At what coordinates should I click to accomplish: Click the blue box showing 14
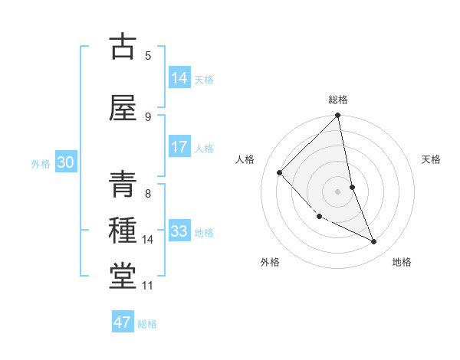[x=179, y=77]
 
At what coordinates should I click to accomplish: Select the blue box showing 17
[x=179, y=147]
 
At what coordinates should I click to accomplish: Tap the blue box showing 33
[x=179, y=231]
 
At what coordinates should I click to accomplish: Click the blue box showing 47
[x=122, y=322]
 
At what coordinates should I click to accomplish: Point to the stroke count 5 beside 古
[x=148, y=55]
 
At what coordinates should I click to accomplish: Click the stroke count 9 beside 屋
[x=148, y=116]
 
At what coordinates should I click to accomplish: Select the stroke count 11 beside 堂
[x=147, y=286]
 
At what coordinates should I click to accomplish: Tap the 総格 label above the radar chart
[x=338, y=100]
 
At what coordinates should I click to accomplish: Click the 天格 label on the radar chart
[x=432, y=159]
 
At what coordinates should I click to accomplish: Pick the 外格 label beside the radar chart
[x=270, y=262]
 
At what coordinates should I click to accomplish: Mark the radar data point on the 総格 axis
[x=338, y=116]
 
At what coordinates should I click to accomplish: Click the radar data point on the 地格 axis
[x=374, y=242]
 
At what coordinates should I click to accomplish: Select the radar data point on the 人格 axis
[x=280, y=172]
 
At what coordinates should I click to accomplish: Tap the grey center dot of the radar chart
[x=338, y=191]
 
